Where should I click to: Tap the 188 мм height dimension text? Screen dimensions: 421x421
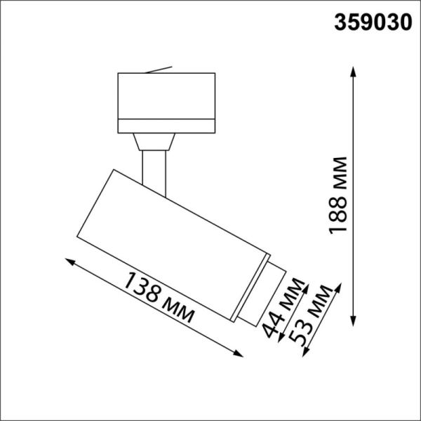click(x=340, y=196)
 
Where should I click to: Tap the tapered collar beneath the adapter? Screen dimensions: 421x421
click(x=154, y=141)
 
